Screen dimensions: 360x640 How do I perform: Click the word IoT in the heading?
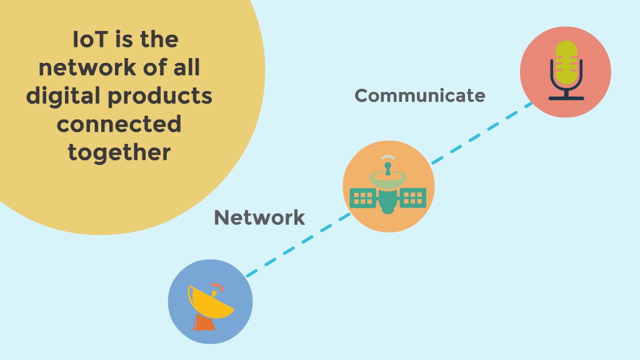[x=90, y=40]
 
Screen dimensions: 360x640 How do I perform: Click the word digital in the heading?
[x=62, y=96]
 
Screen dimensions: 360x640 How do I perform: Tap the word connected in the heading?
[x=119, y=124]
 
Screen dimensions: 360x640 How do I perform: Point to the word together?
[x=119, y=152]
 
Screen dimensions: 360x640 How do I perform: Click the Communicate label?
[x=419, y=95]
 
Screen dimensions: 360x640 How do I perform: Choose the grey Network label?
[x=259, y=217]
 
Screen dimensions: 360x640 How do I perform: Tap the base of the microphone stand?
[x=566, y=98]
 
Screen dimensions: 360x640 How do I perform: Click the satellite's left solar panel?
[x=363, y=197]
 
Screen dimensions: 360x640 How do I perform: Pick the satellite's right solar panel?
[x=413, y=197]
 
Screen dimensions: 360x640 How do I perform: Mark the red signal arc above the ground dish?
[x=218, y=287]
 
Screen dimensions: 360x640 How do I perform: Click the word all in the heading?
[x=187, y=68]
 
